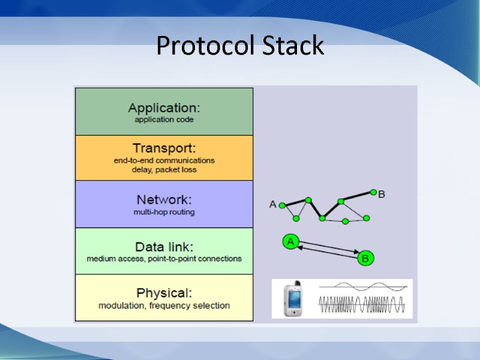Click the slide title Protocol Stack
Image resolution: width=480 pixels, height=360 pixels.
(240, 46)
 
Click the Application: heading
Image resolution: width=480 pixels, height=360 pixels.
(164, 108)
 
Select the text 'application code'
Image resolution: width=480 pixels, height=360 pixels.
(164, 119)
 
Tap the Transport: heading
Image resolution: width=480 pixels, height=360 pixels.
(164, 148)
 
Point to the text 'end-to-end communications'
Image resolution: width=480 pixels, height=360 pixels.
(164, 160)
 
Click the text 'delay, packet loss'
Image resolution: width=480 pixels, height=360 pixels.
(164, 170)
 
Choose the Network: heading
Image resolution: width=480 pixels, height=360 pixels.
(164, 200)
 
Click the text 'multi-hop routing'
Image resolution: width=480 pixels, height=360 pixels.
(164, 212)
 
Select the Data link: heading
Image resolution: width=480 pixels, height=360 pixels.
(164, 247)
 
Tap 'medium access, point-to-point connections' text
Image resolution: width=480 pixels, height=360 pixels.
(164, 259)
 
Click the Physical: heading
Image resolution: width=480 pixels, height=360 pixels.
(164, 293)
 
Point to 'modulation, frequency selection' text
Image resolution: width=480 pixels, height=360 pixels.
(164, 305)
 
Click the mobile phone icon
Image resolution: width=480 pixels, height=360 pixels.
(293, 299)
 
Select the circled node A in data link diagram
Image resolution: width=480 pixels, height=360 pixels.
(290, 242)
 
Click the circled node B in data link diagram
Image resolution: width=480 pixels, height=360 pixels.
(365, 259)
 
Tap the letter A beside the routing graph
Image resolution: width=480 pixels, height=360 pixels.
(273, 205)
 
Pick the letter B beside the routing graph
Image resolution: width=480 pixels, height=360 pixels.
(382, 194)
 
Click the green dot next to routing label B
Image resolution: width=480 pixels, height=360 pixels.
(373, 193)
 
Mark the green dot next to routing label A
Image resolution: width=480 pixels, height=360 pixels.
(281, 206)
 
